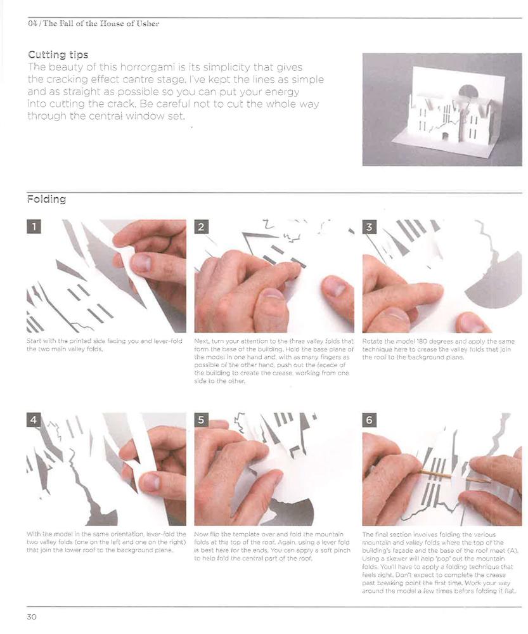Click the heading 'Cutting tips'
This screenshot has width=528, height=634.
click(58, 55)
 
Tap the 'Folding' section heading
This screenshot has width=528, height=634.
click(46, 199)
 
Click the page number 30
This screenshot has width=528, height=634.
click(32, 617)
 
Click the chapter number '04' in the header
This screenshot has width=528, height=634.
click(32, 24)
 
